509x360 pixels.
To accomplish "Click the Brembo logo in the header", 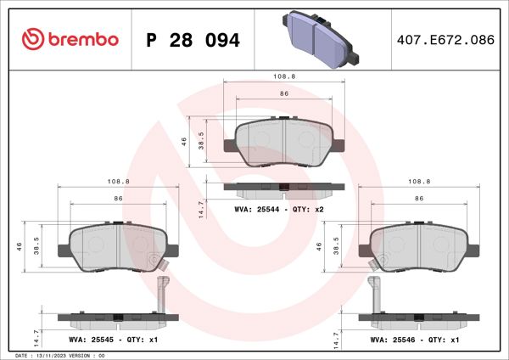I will click(69, 40).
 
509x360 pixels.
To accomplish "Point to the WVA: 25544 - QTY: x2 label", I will click(280, 209).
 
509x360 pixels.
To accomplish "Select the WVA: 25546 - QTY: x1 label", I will click(415, 338).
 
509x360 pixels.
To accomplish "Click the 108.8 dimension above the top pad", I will click(284, 76).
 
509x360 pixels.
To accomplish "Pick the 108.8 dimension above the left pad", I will click(119, 181).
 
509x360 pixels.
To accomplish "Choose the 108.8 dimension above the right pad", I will click(419, 181).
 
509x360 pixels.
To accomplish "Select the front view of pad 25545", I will click(119, 247).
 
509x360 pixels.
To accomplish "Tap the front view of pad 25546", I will click(418, 247).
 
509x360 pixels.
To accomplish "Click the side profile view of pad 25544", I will click(283, 188).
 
